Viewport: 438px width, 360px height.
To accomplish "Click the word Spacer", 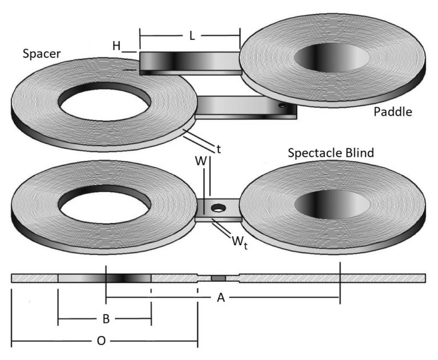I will [x=42, y=54].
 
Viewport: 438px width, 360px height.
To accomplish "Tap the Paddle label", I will [x=392, y=111].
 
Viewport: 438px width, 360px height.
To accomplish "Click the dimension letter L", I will [x=192, y=36].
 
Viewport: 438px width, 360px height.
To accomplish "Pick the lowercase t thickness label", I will [x=218, y=149].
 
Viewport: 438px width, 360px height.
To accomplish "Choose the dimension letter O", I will [x=101, y=341].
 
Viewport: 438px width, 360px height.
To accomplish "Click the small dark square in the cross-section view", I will [x=218, y=278].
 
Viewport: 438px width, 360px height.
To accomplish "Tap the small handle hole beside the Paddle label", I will [x=282, y=106].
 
